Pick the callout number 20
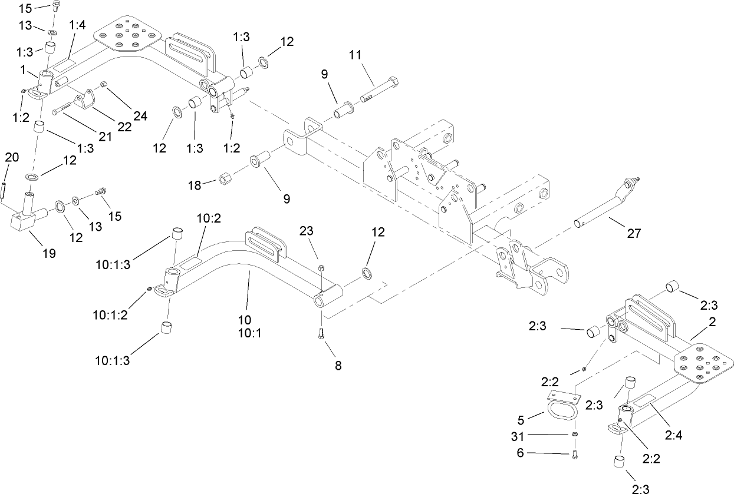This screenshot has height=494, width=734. pos(12,157)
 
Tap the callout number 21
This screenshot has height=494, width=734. pos(106,137)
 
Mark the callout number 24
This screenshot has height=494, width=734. pos(140,115)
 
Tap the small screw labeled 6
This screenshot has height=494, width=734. pos(575,453)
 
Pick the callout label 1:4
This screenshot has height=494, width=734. pos(77,25)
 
